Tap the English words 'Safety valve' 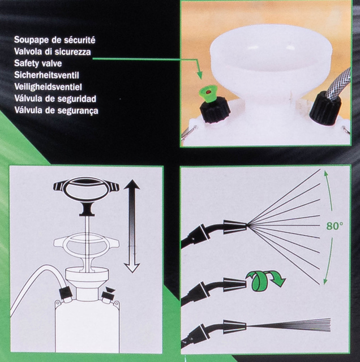click(x=42, y=63)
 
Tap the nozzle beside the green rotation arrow click(x=233, y=282)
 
